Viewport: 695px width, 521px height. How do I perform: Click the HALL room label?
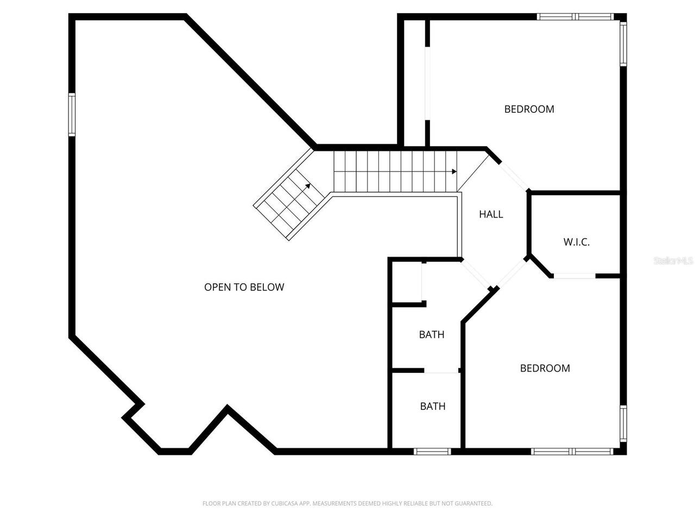coord(491,214)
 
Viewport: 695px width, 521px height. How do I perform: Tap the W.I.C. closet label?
coord(576,242)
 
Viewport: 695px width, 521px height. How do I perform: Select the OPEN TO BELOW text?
coord(244,287)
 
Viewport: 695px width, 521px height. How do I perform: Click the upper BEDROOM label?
coord(529,109)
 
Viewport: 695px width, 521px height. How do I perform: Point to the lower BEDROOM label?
coord(545,368)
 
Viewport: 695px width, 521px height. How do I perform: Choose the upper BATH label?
coord(432,335)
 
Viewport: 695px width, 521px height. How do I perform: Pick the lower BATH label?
coord(433,406)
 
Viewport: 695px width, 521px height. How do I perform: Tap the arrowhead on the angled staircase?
coord(308,186)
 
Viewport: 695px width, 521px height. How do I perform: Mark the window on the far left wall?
coord(72,115)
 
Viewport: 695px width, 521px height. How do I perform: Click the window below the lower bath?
coord(432,452)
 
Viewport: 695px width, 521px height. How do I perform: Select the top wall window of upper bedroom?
coord(575,17)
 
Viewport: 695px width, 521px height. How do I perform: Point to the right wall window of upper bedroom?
coord(623,43)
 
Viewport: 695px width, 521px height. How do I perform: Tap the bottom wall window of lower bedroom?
coord(572,452)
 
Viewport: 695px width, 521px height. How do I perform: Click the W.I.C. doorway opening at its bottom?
coord(574,276)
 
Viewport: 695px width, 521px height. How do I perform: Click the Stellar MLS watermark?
coord(673,261)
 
